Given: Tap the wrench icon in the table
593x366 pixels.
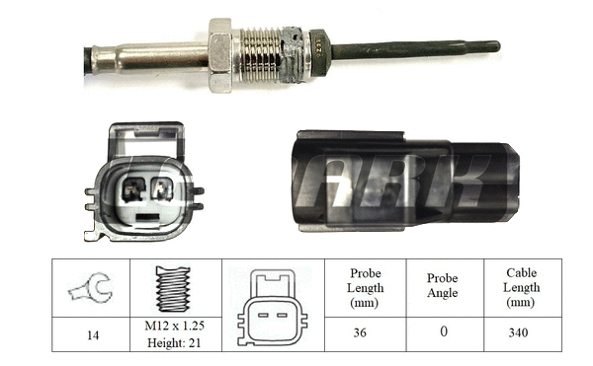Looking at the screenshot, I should coord(90,289).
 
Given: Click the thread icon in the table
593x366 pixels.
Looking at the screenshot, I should coord(174,289).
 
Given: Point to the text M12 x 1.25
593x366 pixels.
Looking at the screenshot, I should coord(174,328).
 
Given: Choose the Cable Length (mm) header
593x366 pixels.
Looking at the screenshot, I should coord(520,289).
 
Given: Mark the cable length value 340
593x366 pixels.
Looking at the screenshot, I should coord(520,334).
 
